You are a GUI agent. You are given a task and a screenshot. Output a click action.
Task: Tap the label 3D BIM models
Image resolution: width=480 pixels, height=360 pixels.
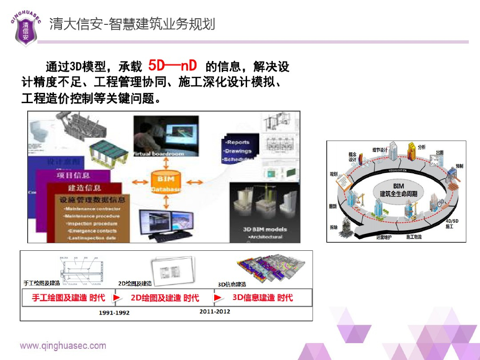[x=264, y=229]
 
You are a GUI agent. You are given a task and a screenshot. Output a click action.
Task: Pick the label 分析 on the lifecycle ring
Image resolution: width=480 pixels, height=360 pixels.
[x=421, y=147]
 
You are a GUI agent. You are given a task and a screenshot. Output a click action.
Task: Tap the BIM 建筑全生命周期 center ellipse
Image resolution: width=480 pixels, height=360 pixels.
[x=398, y=190]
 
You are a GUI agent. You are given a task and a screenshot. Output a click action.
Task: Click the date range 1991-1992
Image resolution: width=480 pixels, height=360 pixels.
[x=114, y=312]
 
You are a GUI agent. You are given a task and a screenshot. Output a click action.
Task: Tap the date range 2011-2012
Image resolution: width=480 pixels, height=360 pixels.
[x=215, y=311]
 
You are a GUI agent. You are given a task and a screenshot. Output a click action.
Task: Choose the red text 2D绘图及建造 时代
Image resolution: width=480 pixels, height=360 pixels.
[x=165, y=298]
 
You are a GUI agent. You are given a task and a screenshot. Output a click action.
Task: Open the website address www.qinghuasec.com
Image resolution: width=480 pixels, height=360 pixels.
[x=63, y=346]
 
